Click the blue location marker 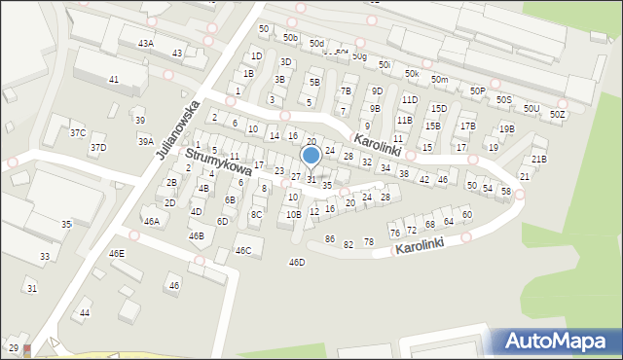pyautogui.click(x=311, y=155)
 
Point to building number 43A pyautogui.click(x=146, y=43)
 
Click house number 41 pyautogui.click(x=114, y=79)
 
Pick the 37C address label pyautogui.click(x=78, y=132)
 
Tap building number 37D pyautogui.click(x=98, y=148)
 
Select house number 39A pyautogui.click(x=145, y=141)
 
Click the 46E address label pyautogui.click(x=117, y=253)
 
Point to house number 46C pyautogui.click(x=243, y=251)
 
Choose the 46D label pyautogui.click(x=297, y=262)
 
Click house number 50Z pyautogui.click(x=557, y=115)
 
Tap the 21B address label pyautogui.click(x=538, y=159)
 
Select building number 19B pyautogui.click(x=506, y=128)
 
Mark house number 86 pyautogui.click(x=330, y=239)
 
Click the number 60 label pyautogui.click(x=466, y=214)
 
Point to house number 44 pyautogui.click(x=85, y=312)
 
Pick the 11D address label pyautogui.click(x=410, y=99)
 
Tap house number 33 pyautogui.click(x=45, y=257)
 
